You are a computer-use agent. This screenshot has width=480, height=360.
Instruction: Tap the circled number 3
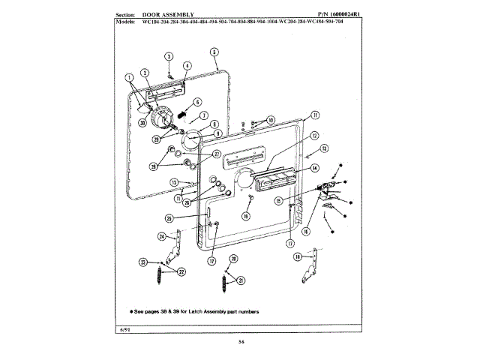pos(169,57)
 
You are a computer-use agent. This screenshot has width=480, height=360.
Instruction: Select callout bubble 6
pos(197,102)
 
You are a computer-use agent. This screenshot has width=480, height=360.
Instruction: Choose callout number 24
pos(161,237)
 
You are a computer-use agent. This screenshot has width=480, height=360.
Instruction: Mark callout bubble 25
pos(169,218)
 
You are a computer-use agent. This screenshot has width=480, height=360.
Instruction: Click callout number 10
pos(271,120)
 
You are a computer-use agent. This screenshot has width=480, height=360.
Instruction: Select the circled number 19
pos(245,217)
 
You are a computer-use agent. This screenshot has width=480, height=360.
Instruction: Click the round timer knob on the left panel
pos(160,117)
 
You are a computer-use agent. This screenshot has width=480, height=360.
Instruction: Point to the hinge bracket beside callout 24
pos(177,247)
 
